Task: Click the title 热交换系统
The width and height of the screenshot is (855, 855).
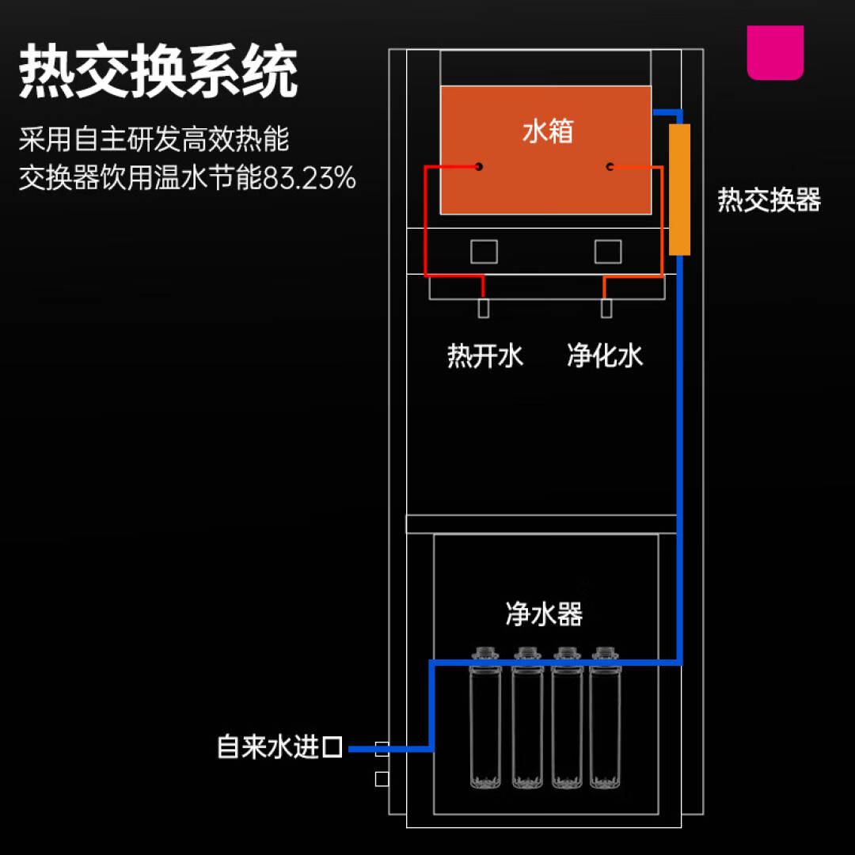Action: (x=158, y=73)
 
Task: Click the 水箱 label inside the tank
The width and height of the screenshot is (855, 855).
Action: (x=547, y=131)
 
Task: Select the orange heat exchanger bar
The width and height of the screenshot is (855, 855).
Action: (x=679, y=189)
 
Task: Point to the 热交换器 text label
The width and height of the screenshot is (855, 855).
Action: (x=769, y=199)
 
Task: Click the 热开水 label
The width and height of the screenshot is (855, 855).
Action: (x=485, y=356)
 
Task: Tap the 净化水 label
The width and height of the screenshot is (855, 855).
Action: (x=605, y=356)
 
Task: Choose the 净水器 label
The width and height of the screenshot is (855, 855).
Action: (x=544, y=614)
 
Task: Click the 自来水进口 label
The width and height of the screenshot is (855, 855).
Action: (x=279, y=747)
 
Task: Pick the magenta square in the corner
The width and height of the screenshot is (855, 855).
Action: (x=775, y=52)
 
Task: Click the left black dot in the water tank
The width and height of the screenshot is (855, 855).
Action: (x=479, y=166)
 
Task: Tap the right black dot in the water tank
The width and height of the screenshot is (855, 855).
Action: (x=610, y=166)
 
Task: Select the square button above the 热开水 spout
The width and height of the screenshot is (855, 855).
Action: (x=484, y=251)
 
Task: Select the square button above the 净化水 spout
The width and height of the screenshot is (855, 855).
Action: (x=608, y=251)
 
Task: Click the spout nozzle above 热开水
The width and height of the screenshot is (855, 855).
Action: (x=483, y=308)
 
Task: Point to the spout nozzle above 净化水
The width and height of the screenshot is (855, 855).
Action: (x=606, y=308)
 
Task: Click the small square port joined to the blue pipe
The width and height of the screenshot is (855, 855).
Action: (x=382, y=748)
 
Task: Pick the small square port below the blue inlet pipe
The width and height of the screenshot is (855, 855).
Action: (x=382, y=779)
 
